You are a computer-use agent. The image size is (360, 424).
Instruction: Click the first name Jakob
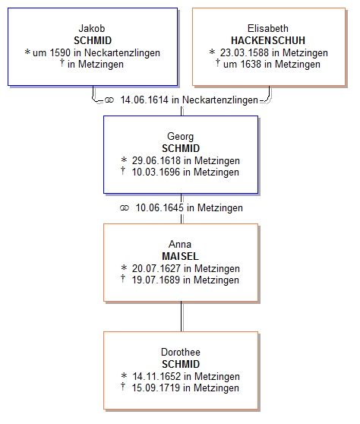point(92,28)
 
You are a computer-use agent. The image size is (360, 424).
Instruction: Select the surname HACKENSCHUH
point(268,40)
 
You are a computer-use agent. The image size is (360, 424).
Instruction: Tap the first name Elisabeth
point(268,28)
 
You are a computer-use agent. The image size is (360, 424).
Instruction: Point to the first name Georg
point(180,137)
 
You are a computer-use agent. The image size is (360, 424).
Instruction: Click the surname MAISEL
point(180,256)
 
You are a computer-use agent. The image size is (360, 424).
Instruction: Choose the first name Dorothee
point(181,352)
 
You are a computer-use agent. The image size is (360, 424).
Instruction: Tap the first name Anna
point(180,244)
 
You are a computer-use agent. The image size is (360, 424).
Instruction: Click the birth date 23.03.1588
point(245,52)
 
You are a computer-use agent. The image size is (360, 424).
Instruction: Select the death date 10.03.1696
point(156,172)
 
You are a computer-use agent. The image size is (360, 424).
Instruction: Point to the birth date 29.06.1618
point(156,160)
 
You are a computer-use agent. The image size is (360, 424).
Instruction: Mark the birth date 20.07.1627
point(156,268)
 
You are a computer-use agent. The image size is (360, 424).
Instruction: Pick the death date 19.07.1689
point(156,280)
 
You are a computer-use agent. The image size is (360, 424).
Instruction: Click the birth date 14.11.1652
point(156,376)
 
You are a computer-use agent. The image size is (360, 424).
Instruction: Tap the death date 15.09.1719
point(156,388)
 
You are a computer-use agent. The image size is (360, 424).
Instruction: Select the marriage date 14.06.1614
point(144,100)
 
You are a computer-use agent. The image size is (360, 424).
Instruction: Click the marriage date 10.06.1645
point(159,208)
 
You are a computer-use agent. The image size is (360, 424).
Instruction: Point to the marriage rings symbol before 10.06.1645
point(125,208)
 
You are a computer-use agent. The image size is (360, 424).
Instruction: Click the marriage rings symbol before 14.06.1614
point(109,100)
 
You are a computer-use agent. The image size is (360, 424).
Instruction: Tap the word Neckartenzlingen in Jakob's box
point(122,52)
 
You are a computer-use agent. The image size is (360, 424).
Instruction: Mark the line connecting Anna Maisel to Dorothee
point(182,316)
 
